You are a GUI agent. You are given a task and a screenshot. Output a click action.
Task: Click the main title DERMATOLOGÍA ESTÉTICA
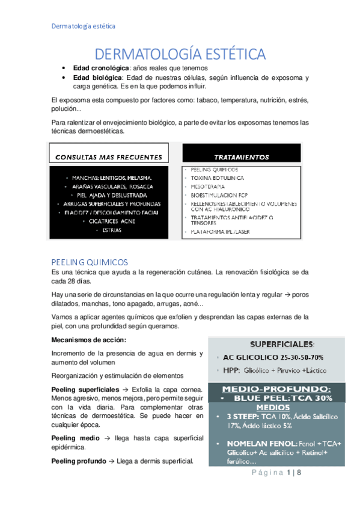pos(180,54)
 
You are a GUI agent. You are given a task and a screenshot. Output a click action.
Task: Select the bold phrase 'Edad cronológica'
pos(100,69)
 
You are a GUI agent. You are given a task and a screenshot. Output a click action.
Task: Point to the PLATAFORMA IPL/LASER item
pos(225,230)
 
